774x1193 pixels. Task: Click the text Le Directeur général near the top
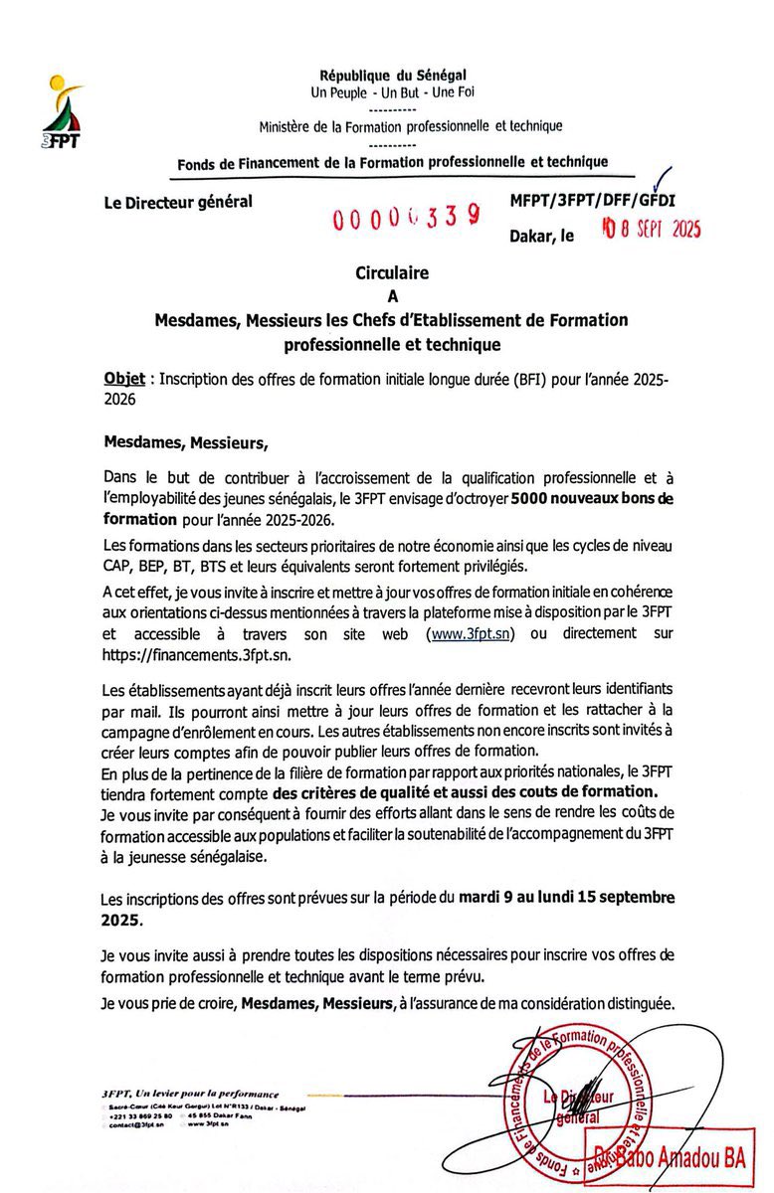click(178, 202)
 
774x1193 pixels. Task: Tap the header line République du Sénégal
click(393, 76)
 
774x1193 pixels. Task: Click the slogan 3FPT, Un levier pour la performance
click(190, 1094)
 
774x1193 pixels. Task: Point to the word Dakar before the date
click(534, 237)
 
